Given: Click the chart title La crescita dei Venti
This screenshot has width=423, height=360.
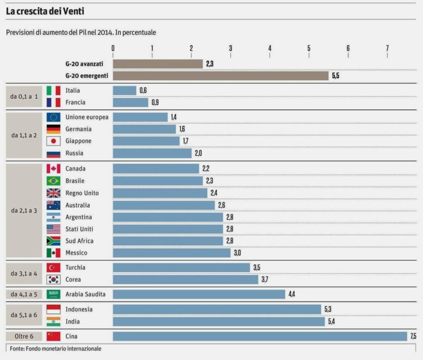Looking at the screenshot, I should tap(45, 10).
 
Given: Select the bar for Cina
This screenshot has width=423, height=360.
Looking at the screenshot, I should tap(260, 336).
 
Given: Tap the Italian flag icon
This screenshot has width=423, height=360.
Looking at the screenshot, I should tap(53, 91).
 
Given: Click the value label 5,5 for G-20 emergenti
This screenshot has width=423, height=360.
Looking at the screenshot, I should tap(335, 76).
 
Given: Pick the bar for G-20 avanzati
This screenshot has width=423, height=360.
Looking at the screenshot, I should tap(158, 64).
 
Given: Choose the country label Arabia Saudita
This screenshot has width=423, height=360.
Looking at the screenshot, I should tap(86, 294).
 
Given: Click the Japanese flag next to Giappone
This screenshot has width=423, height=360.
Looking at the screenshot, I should tap(53, 141).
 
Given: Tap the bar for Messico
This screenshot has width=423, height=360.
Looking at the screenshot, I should tap(171, 253).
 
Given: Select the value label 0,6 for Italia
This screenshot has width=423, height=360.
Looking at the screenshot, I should tap(143, 91).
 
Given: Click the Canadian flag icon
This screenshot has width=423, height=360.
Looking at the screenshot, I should tap(53, 169).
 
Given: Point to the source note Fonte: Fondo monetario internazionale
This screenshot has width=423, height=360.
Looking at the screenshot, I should tap(55, 349).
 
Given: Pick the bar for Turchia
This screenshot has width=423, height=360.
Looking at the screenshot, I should tap(181, 268).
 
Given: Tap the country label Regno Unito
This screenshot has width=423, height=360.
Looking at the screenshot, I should tap(82, 193).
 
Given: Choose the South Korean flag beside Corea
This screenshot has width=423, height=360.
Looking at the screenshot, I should tap(53, 280).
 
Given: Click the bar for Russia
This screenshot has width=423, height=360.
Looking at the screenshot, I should tap(152, 153).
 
